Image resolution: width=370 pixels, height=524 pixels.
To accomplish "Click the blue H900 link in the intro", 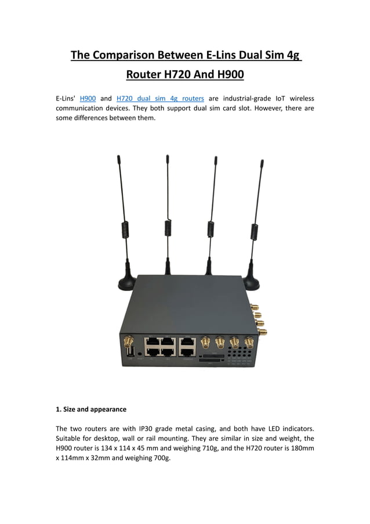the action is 88,98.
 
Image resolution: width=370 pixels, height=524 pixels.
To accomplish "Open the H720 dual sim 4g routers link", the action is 160,98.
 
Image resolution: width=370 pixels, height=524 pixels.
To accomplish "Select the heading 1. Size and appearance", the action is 91,409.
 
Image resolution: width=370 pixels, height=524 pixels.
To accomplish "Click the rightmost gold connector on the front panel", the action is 249,342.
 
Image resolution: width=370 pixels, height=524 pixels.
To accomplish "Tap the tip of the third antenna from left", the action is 216,157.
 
